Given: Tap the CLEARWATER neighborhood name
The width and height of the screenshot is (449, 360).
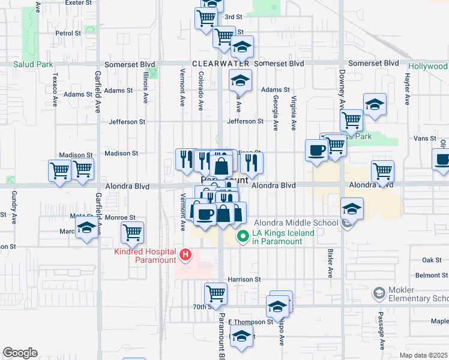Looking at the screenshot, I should click(221, 64).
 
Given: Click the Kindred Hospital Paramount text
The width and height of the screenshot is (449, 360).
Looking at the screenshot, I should click(145, 256).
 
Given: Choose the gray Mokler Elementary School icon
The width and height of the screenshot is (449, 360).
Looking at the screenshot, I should click(378, 293).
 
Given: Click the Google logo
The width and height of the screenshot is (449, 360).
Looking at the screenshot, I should click(20, 353).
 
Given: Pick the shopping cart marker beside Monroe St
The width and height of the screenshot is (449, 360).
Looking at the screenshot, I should click(132, 231).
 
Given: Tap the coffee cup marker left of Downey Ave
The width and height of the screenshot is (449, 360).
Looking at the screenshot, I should click(316, 151).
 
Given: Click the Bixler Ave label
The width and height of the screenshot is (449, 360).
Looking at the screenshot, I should click(330, 263).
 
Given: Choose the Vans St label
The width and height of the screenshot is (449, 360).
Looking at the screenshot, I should click(425, 138).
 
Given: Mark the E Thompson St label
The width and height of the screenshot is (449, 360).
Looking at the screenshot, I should click(250, 322).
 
